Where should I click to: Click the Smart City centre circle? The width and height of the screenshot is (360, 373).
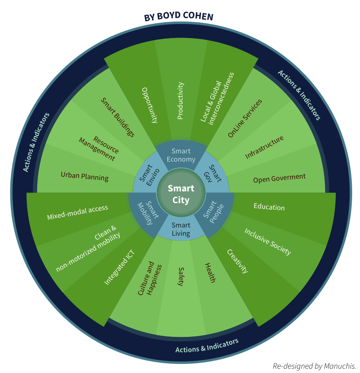coord(181,194)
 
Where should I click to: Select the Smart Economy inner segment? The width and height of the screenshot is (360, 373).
coord(181,155)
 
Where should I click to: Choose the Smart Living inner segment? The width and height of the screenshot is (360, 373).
coord(181,229)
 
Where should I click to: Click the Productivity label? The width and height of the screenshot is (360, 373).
coord(180,101)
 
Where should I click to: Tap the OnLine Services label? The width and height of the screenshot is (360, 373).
coord(245,118)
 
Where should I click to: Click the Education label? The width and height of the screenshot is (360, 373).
coord(269,207)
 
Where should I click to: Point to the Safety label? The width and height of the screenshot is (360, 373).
coord(181,277)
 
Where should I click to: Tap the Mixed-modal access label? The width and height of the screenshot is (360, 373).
coord(78,213)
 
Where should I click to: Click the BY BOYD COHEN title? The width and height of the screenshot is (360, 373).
coord(179,17)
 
